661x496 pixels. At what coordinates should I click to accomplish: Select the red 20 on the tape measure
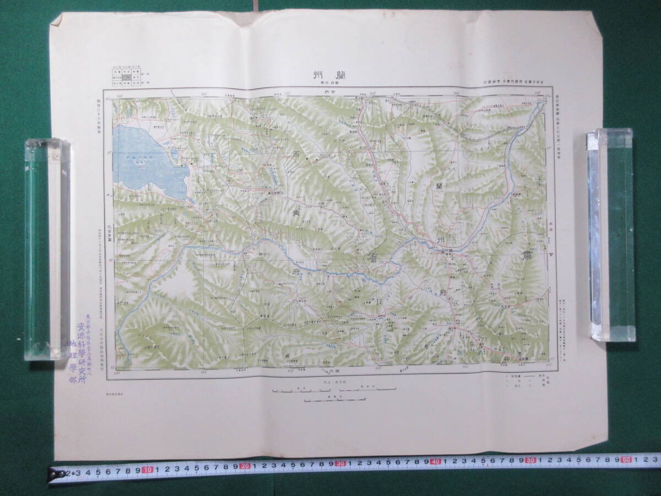point(245,466)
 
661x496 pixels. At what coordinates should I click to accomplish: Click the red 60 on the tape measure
point(626,458)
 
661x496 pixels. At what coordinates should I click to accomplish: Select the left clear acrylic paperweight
point(47,249)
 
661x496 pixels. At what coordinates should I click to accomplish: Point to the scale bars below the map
point(334,393)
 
